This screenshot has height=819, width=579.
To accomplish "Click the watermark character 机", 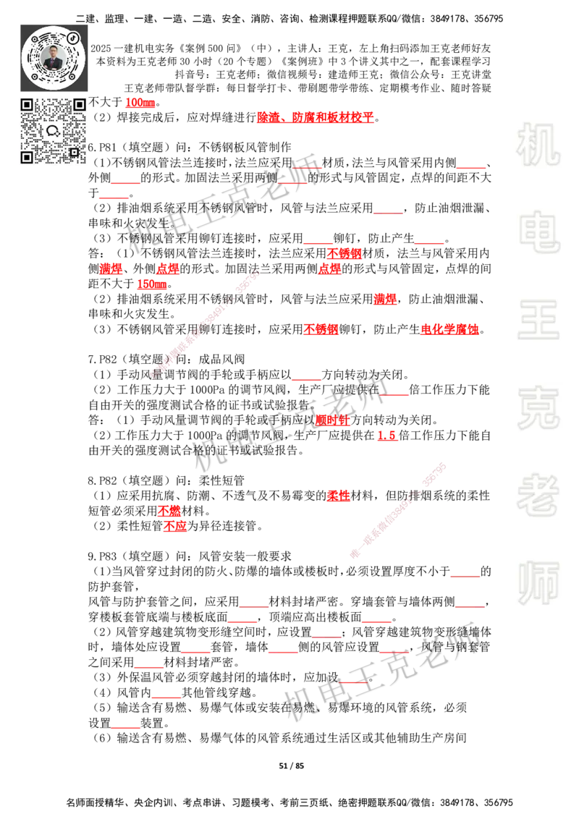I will (538, 145).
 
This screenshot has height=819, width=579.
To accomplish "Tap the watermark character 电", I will (541, 232).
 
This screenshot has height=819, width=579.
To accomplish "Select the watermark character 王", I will (538, 321).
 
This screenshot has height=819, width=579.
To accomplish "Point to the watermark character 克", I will (538, 408).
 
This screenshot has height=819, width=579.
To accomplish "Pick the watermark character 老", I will (538, 495).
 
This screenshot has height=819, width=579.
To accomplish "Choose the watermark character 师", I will (538, 584).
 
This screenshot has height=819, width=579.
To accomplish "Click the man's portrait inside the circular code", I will (54, 58).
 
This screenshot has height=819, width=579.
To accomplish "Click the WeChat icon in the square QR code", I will (53, 131).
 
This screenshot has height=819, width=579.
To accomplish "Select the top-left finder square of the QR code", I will (28, 105).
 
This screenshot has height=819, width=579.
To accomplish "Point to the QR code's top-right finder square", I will (79, 105).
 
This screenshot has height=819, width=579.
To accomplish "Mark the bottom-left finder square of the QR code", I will (28, 157).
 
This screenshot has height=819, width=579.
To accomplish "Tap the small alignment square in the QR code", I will (74, 152).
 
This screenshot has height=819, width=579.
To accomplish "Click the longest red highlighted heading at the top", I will (315, 118).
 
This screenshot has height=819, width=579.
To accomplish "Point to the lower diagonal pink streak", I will (397, 508).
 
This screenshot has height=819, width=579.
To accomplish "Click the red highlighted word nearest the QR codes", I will (139, 103).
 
